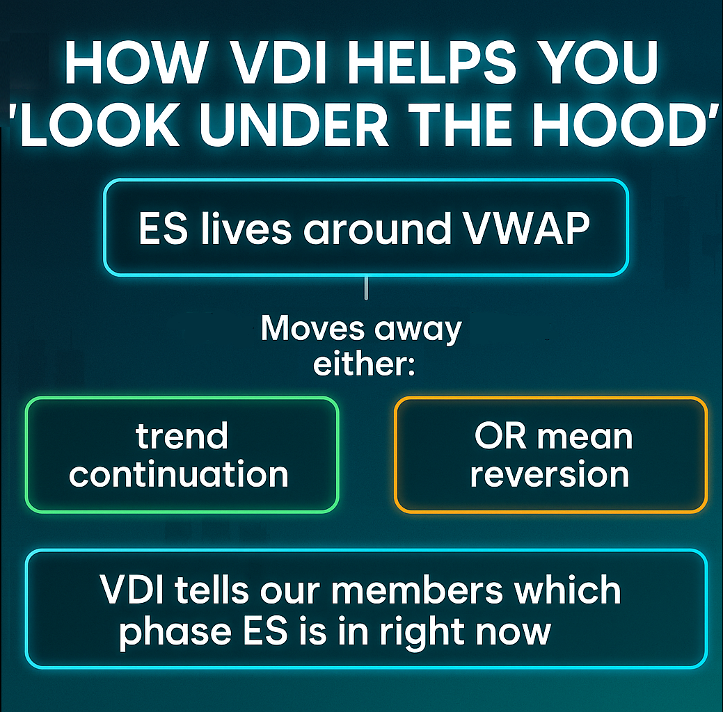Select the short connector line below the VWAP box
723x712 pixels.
(366, 288)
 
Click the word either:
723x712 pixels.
(364, 364)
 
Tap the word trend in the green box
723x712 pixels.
(182, 436)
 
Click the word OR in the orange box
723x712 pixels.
(500, 436)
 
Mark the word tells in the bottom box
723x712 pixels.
(212, 590)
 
